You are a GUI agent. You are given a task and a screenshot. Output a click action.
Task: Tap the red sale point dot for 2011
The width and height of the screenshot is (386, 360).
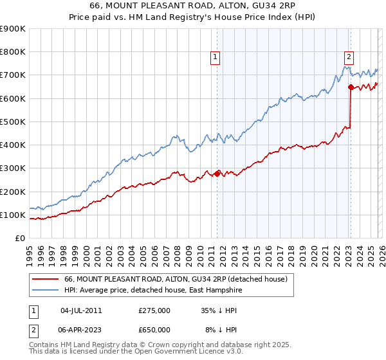pos(217,173)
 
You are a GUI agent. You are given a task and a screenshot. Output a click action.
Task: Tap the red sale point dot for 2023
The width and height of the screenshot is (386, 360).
pos(351,87)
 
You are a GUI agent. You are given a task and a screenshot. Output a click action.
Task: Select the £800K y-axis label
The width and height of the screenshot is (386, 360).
pos(13,52)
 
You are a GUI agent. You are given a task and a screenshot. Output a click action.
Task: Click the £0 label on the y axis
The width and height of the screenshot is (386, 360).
pos(19,238)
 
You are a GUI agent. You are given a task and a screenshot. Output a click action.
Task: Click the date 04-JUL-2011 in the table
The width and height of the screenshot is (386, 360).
pos(81,310)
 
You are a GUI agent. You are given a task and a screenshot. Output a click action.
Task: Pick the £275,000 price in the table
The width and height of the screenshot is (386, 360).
pos(154,310)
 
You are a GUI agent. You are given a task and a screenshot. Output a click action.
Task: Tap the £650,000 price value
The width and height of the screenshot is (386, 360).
pos(154,330)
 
